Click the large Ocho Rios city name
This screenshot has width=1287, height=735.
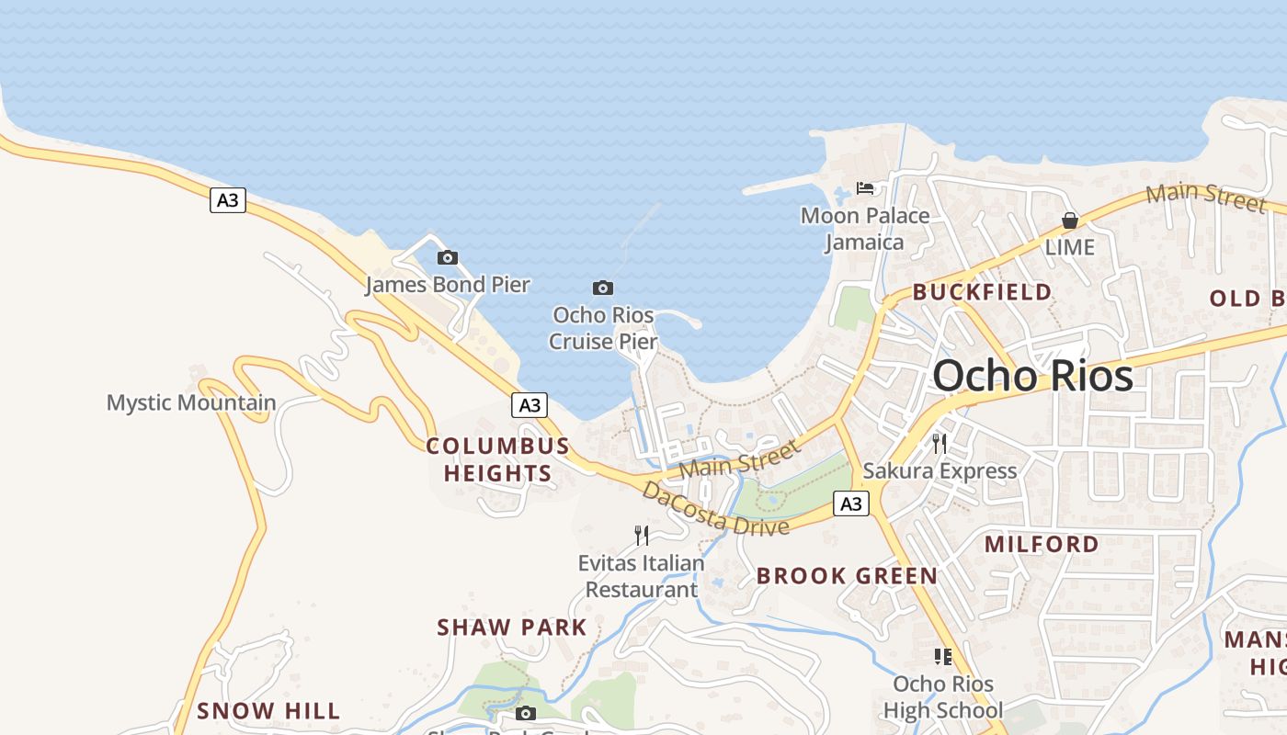1032,377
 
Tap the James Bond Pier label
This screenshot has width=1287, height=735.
448,285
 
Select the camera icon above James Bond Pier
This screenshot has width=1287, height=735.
448,257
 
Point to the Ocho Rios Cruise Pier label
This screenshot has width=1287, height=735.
603,328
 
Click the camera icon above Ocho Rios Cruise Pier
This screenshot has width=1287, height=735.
603,288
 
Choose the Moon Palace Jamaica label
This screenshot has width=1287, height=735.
865,229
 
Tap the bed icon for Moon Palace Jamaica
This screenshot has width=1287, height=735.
865,188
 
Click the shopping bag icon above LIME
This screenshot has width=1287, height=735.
1070,220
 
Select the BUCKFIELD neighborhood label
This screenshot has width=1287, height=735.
982,292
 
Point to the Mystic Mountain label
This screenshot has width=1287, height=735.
191,402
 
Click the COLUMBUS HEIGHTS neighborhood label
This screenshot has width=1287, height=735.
498,459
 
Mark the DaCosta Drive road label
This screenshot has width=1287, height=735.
716,510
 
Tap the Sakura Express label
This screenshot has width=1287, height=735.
940,471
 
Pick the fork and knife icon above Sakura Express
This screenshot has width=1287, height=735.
940,444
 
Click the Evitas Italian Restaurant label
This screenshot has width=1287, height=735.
642,576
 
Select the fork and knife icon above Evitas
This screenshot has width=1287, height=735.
642,536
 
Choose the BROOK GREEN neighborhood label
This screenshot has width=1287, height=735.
848,576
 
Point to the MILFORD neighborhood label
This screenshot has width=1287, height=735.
1042,544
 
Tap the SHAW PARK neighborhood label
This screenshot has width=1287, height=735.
512,628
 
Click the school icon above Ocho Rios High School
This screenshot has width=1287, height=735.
942,656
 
